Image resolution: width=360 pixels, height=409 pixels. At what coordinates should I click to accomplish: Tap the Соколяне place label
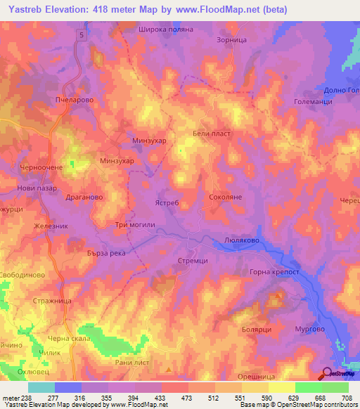click(226, 198)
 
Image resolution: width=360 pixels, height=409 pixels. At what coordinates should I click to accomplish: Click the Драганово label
click(83, 197)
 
